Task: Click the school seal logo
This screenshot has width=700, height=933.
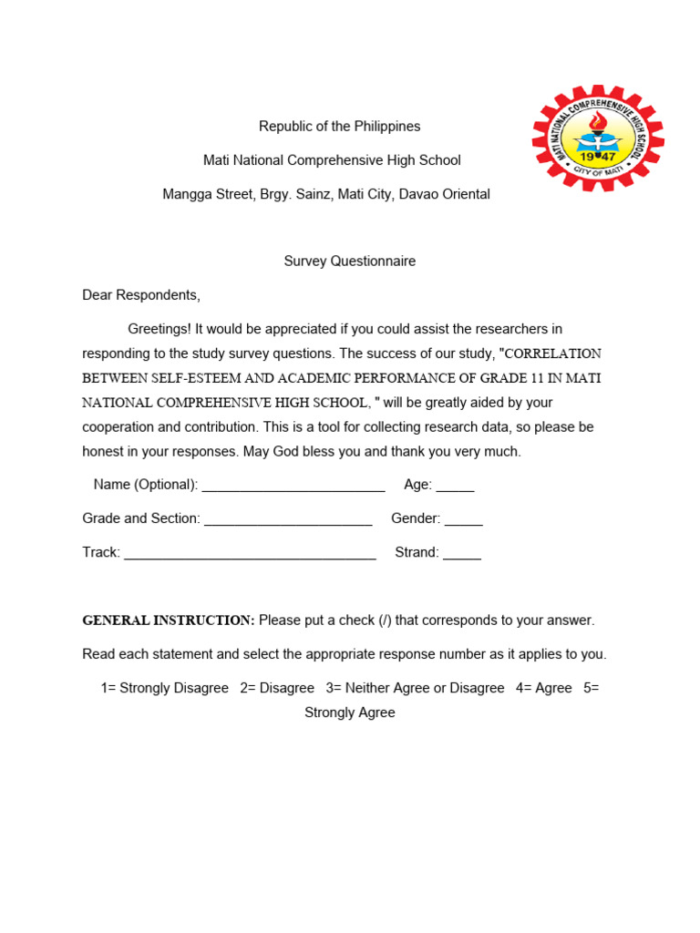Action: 598,138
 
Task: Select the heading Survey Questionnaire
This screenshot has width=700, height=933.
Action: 349,261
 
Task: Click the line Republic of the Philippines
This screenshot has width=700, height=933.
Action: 339,127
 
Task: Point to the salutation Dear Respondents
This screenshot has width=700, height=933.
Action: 140,295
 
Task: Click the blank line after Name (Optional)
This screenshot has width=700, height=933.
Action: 293,486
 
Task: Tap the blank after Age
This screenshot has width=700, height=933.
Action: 455,486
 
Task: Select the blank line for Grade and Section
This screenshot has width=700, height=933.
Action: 288,519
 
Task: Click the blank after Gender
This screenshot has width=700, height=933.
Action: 463,519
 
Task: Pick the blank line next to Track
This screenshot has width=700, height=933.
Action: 250,553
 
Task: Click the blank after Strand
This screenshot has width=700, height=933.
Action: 461,553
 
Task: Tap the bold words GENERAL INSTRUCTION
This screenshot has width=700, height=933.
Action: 169,620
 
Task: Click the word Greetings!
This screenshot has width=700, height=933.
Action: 160,329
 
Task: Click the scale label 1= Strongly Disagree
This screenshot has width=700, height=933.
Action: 164,689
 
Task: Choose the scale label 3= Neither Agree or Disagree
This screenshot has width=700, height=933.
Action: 415,689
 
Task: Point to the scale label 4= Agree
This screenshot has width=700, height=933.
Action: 543,689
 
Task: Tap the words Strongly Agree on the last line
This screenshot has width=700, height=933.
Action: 349,713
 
